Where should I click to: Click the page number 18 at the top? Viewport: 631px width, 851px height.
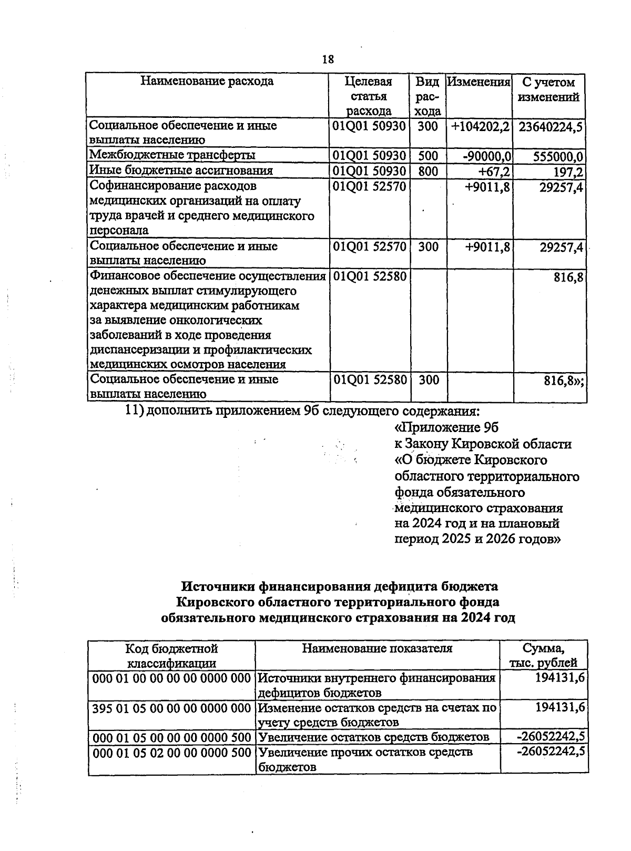(x=328, y=59)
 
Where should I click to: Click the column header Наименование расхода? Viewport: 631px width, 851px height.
(x=207, y=82)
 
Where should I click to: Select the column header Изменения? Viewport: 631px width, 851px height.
(x=479, y=83)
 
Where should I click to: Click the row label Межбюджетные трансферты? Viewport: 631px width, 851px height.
(x=172, y=155)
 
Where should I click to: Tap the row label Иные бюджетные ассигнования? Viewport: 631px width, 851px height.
(x=181, y=171)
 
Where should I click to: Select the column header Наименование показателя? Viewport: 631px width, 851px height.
(x=377, y=649)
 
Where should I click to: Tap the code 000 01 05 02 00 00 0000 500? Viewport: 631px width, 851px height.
(x=171, y=753)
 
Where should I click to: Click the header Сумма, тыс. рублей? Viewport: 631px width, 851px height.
(x=544, y=656)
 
